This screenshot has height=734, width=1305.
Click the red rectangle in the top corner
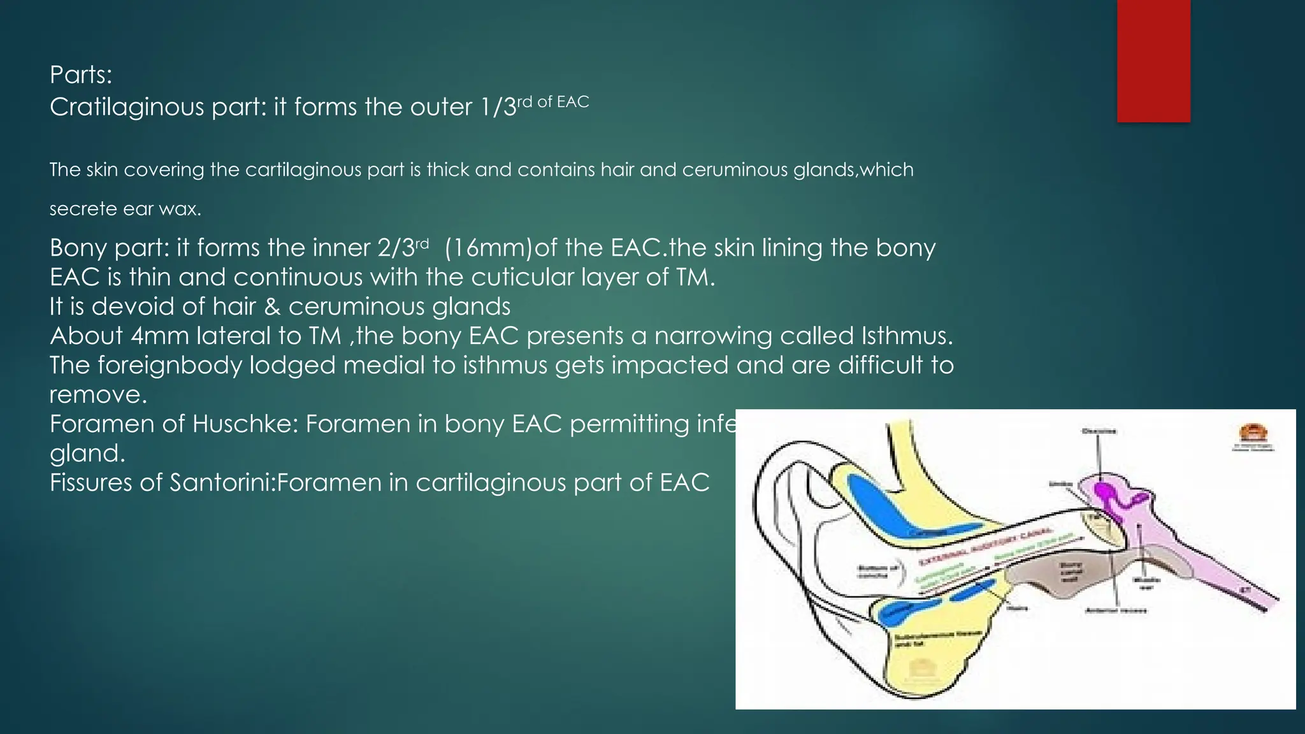pos(1153,61)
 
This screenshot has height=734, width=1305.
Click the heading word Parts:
pos(81,75)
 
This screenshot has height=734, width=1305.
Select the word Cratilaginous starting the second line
pos(126,107)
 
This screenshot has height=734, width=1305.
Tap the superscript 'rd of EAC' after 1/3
pos(553,102)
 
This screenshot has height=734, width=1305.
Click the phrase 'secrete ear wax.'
pos(126,209)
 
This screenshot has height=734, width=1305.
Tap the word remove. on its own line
pos(98,394)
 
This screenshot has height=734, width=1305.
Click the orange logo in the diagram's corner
pos(1252,433)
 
